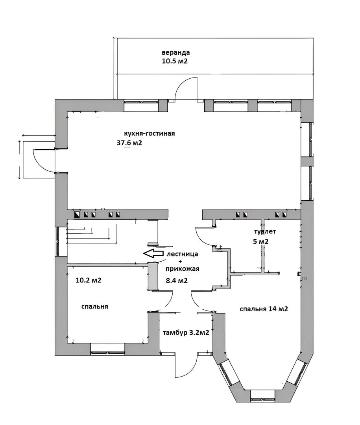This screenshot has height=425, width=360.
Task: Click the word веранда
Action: click(175, 52)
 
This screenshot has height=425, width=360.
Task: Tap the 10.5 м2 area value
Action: click(175, 61)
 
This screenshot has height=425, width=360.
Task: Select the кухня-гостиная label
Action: click(150, 133)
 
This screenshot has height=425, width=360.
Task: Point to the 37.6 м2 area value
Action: click(129, 142)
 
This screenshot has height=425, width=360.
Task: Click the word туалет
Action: click(265, 232)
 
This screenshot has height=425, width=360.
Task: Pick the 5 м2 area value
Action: click(260, 241)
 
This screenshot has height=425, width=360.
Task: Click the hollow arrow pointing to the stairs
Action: click(153, 253)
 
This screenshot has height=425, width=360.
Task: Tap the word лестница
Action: click(182, 254)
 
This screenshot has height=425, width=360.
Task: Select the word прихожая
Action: click(182, 269)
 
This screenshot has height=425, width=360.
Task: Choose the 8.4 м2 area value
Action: click(177, 281)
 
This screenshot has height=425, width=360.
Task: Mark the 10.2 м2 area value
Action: click(89, 280)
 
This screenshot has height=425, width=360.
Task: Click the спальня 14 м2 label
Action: click(264, 309)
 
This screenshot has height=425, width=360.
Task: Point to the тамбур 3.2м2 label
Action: click(186, 332)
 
